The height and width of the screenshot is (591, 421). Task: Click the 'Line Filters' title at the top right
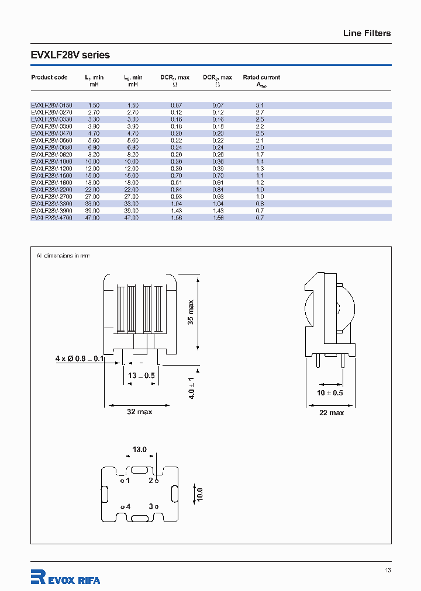(367, 33)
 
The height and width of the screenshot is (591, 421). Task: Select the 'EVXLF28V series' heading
(70, 55)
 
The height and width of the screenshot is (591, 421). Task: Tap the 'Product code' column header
(49, 77)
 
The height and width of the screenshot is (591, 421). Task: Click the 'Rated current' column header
(261, 77)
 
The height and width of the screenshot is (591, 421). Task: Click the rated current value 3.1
(260, 105)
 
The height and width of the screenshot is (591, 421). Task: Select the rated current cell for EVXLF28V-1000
(260, 161)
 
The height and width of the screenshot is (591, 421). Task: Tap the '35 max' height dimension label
(191, 313)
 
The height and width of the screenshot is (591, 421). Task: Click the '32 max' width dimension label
(139, 412)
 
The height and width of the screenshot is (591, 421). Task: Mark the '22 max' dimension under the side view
(331, 412)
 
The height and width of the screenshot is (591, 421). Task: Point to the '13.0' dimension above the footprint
(139, 450)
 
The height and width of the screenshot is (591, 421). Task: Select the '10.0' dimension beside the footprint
(199, 494)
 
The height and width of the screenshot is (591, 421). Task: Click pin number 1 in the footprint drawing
(127, 481)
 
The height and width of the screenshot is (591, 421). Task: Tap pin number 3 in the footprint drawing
(151, 506)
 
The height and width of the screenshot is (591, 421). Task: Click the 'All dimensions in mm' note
(63, 256)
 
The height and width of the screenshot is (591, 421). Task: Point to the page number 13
(388, 571)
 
